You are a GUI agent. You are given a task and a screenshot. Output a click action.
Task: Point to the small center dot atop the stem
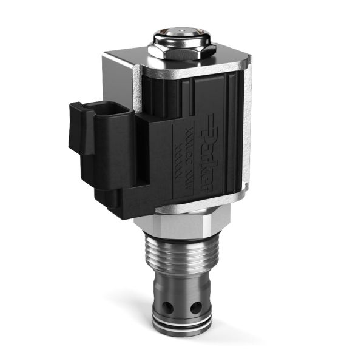tap(180, 28)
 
